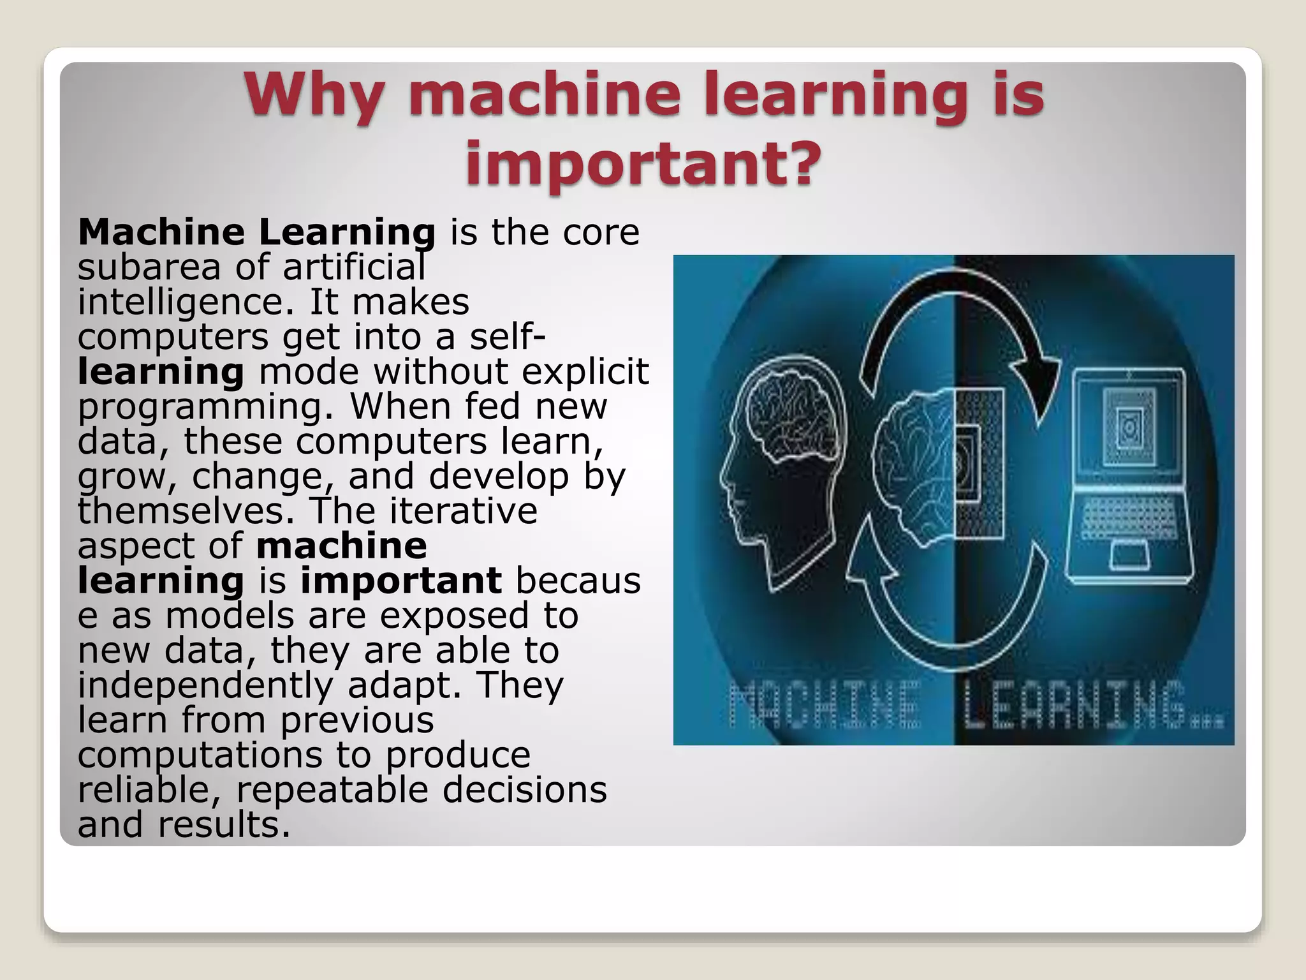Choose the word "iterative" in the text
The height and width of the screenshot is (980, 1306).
pyautogui.click(x=464, y=510)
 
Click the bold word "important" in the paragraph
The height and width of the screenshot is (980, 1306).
pyautogui.click(x=401, y=581)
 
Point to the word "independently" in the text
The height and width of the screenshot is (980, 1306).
pyautogui.click(x=205, y=685)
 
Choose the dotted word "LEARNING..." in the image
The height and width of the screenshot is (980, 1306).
pyautogui.click(x=1093, y=705)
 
